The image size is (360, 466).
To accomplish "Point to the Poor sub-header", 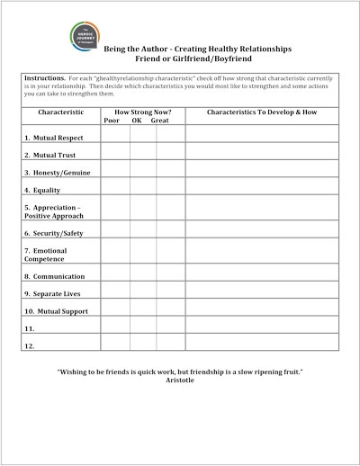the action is point(112,121).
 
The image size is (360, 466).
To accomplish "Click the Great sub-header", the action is point(161,121).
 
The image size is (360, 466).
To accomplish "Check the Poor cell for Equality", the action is point(114,190).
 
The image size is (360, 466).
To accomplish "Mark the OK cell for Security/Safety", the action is point(143,233).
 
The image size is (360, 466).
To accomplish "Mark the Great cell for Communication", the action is point(170,275).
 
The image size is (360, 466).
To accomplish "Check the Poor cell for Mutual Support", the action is point(114,310).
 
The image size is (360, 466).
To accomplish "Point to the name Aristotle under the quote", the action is point(180,381).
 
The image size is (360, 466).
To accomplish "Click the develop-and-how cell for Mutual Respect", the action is point(261,137).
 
